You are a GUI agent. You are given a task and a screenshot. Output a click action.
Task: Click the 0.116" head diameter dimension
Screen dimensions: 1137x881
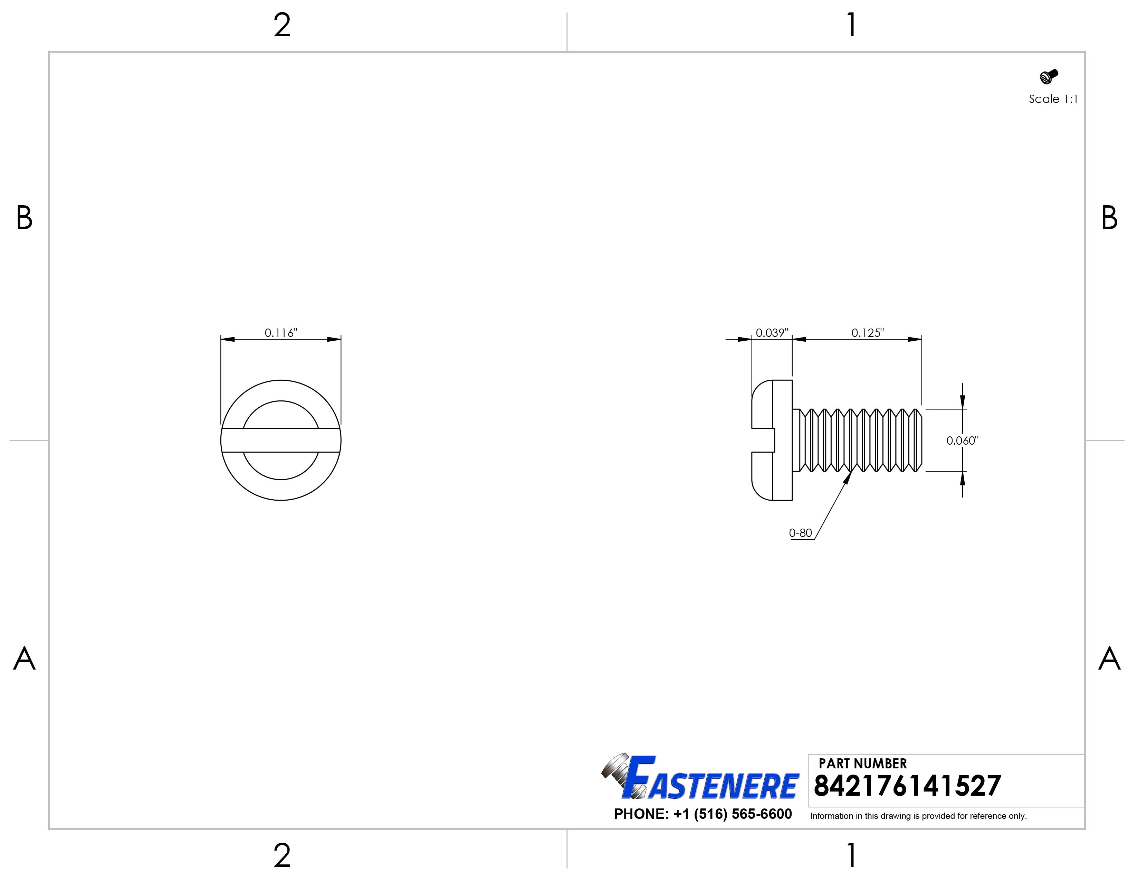pyautogui.click(x=280, y=333)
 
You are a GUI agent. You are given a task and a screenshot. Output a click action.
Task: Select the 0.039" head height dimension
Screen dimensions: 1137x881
pyautogui.click(x=772, y=333)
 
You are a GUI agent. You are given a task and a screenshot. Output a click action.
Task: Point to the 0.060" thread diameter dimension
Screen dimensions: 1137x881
pyautogui.click(x=962, y=441)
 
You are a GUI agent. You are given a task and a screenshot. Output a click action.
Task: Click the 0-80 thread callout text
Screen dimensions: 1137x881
pyautogui.click(x=800, y=533)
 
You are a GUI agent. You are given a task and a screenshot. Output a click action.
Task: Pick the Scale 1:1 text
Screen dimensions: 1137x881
pyautogui.click(x=1053, y=99)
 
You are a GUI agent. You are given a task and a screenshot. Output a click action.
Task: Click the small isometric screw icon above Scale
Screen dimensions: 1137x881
pyautogui.click(x=1049, y=77)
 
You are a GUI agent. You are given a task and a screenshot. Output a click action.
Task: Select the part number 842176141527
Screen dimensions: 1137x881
pyautogui.click(x=907, y=786)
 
